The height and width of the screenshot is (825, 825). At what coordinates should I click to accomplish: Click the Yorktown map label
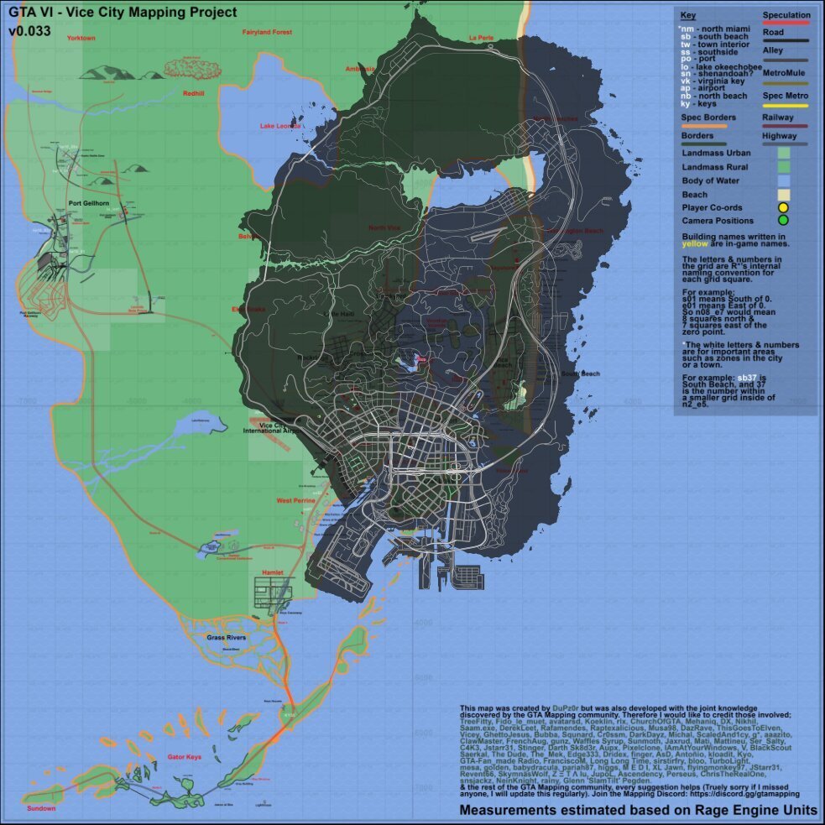coord(81,39)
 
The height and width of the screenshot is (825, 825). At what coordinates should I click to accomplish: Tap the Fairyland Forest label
coord(267,32)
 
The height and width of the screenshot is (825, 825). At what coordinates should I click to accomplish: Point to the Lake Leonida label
coord(280,126)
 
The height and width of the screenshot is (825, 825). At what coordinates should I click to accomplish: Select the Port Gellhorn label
coord(90,203)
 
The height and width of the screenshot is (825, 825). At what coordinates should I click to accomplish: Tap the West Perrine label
coord(296,501)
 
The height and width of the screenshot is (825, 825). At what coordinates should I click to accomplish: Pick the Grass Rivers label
coord(226,638)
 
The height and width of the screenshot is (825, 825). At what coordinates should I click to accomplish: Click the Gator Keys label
coord(185,758)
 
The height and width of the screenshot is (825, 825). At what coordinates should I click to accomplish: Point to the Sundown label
coord(40,808)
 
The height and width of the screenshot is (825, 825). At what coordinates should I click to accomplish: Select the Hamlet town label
coord(274,572)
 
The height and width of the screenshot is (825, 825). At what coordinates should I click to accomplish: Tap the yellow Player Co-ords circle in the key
coord(783,207)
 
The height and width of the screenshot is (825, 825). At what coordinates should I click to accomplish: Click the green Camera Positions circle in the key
coord(783,221)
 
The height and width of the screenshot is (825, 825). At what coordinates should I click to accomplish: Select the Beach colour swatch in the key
coord(783,194)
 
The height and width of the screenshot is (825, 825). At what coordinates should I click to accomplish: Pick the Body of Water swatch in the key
coord(783,180)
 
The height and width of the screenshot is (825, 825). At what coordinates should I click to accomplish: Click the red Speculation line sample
coord(786,23)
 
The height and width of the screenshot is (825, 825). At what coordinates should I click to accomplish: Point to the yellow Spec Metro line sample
coord(786,106)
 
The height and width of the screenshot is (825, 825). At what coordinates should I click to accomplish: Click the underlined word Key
coord(688,16)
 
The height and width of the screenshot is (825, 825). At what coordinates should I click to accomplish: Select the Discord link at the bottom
coord(722,793)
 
